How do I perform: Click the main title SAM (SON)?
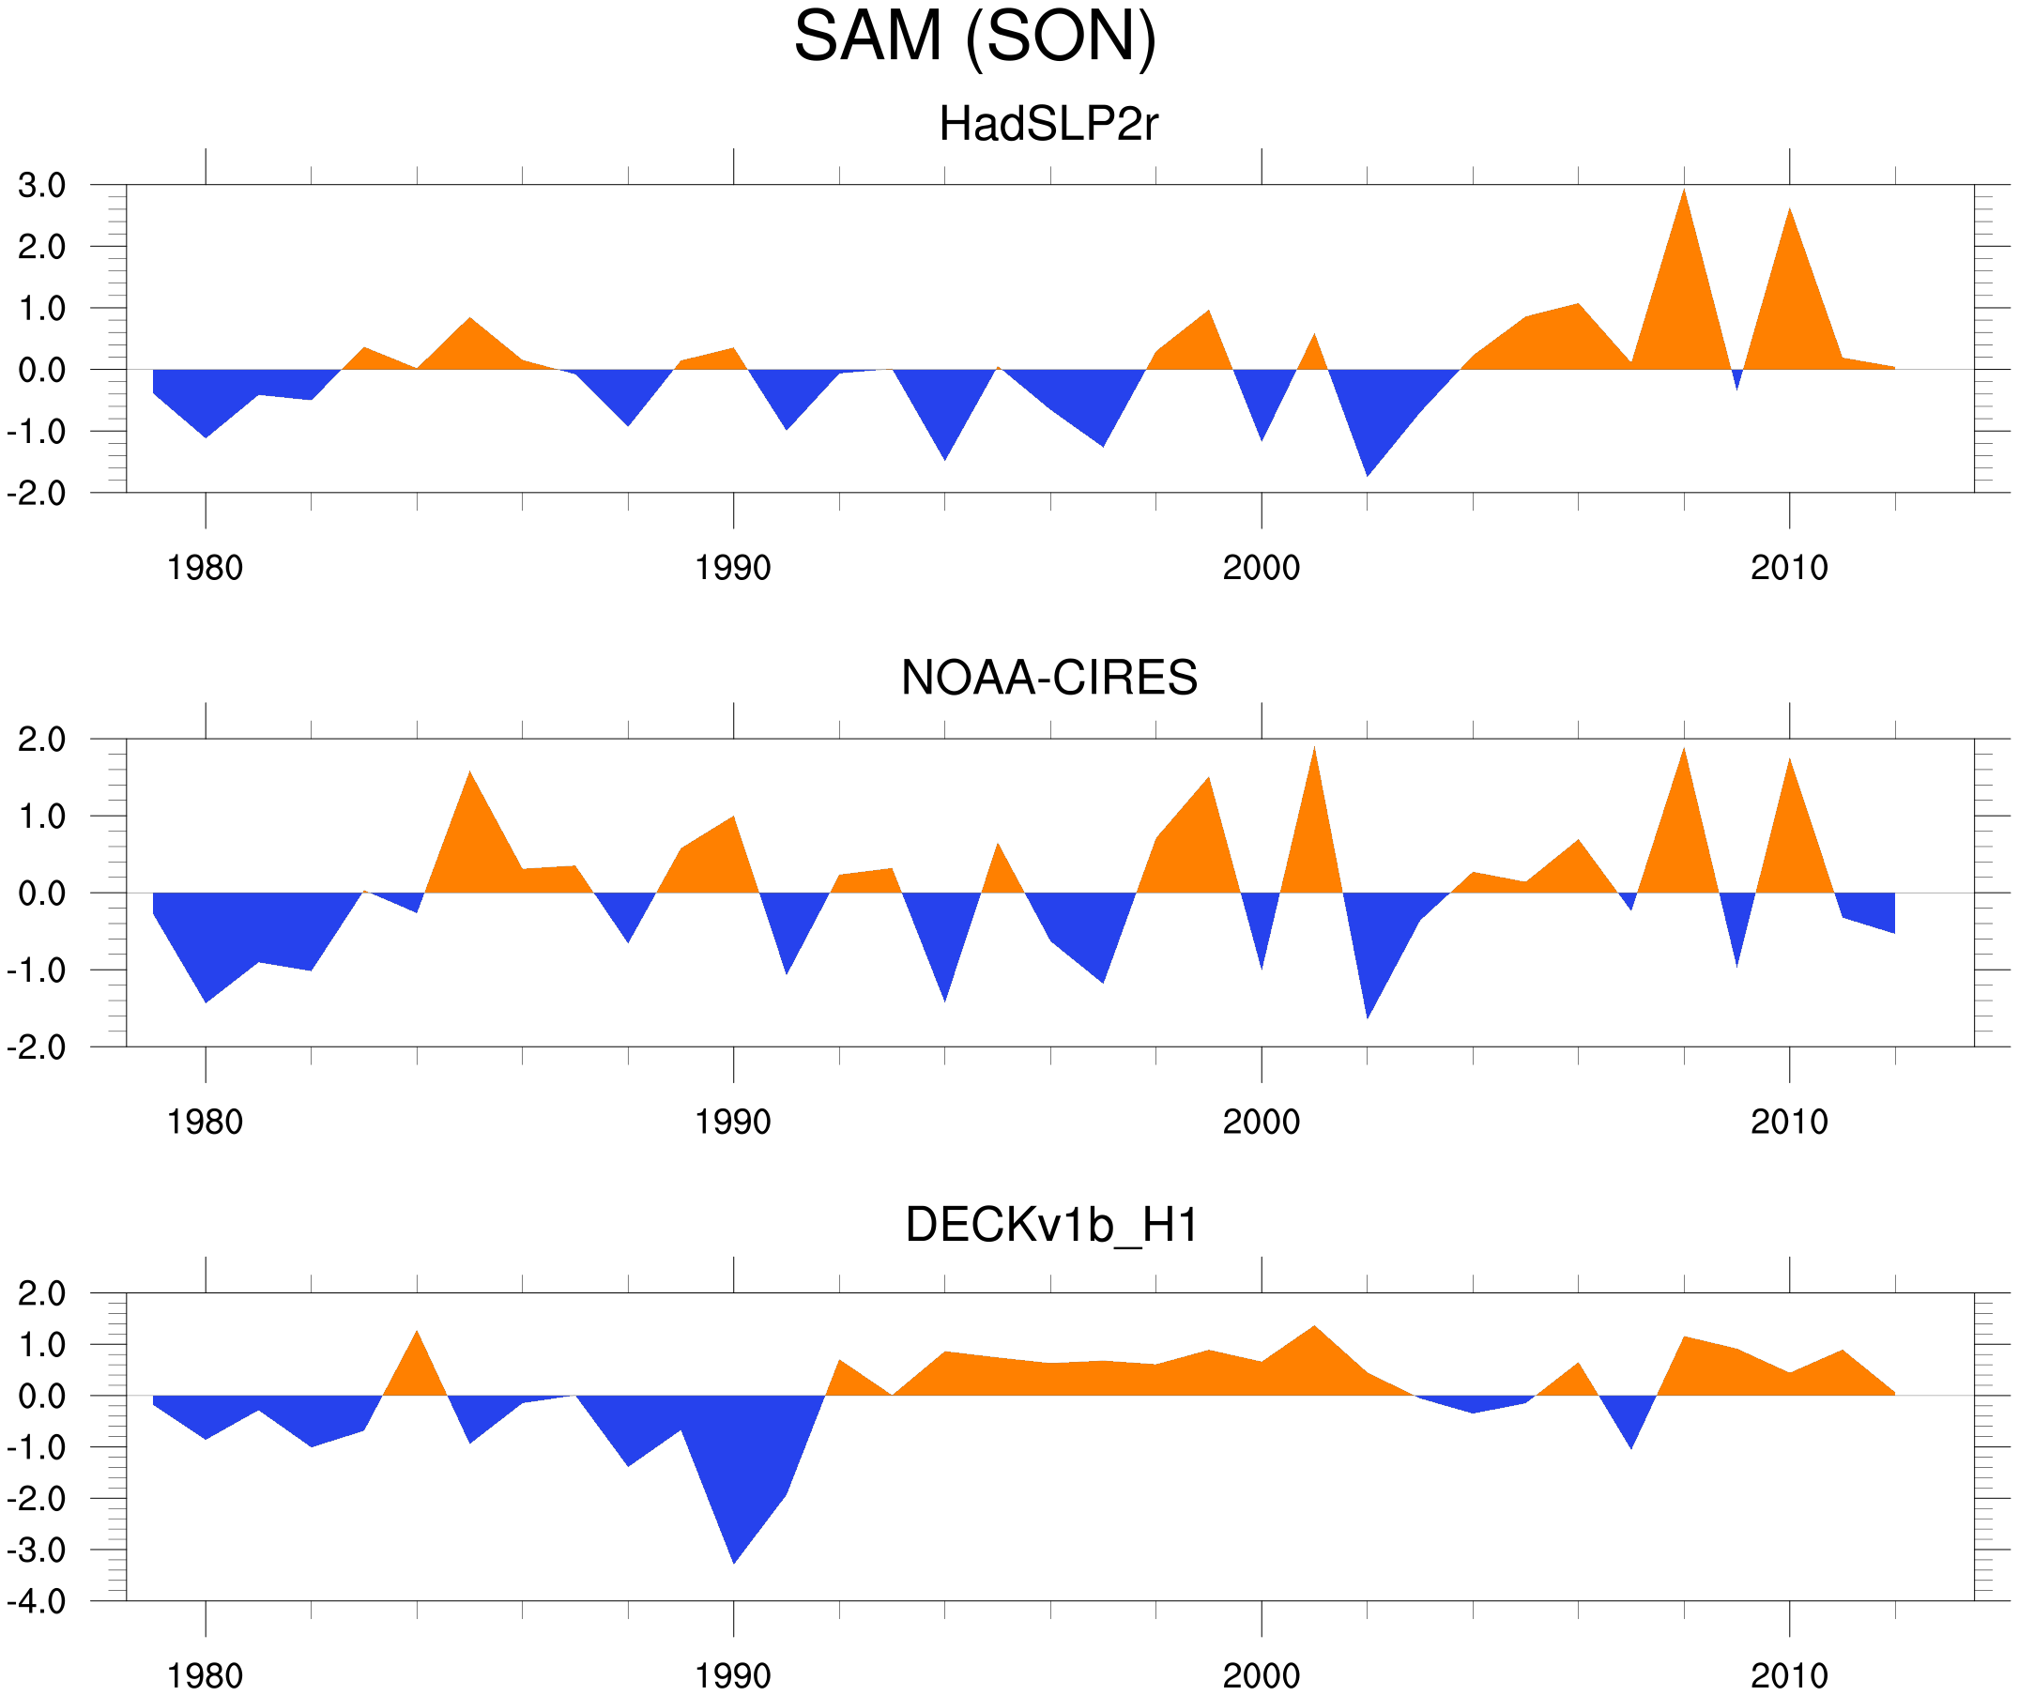click(974, 37)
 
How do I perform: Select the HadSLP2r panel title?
click(1048, 124)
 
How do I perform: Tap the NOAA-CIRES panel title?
click(1048, 678)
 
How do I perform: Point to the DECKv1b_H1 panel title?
click(1052, 1225)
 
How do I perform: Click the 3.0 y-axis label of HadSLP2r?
click(41, 186)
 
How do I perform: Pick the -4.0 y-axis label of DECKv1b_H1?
click(37, 1602)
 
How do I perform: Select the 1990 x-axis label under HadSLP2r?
click(733, 568)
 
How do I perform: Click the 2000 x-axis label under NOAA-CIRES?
click(1261, 1122)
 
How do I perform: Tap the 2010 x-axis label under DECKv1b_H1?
click(1788, 1675)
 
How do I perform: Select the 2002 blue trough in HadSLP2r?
click(1368, 466)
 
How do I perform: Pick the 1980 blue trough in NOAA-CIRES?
click(206, 993)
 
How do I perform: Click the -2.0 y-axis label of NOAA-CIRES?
click(37, 1048)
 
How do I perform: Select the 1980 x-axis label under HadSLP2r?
click(205, 568)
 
